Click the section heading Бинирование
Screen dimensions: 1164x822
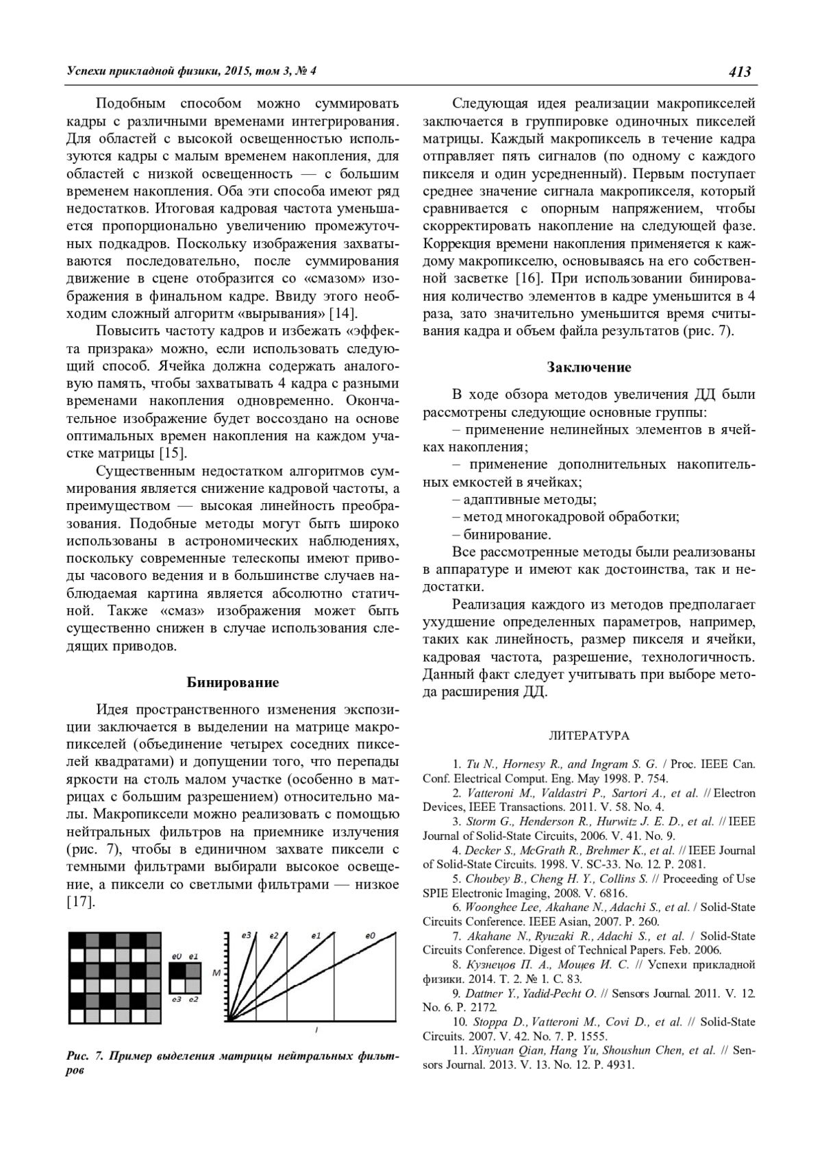[x=233, y=682]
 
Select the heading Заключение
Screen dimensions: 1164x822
[x=588, y=367]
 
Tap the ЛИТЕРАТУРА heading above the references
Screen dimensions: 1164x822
[x=589, y=736]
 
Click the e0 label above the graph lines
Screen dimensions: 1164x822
[x=371, y=935]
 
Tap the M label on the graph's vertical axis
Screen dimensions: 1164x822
[x=216, y=973]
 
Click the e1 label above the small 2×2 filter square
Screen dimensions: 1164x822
[x=194, y=956]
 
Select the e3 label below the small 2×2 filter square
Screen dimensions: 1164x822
[x=176, y=1000]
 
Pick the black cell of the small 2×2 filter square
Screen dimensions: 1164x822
[x=177, y=970]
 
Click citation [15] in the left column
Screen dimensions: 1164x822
[x=173, y=453]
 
